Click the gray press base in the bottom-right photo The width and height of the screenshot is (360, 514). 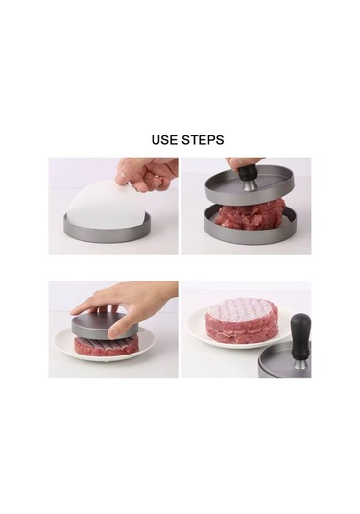click(x=288, y=370)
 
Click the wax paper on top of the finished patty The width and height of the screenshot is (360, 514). click(x=242, y=309)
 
